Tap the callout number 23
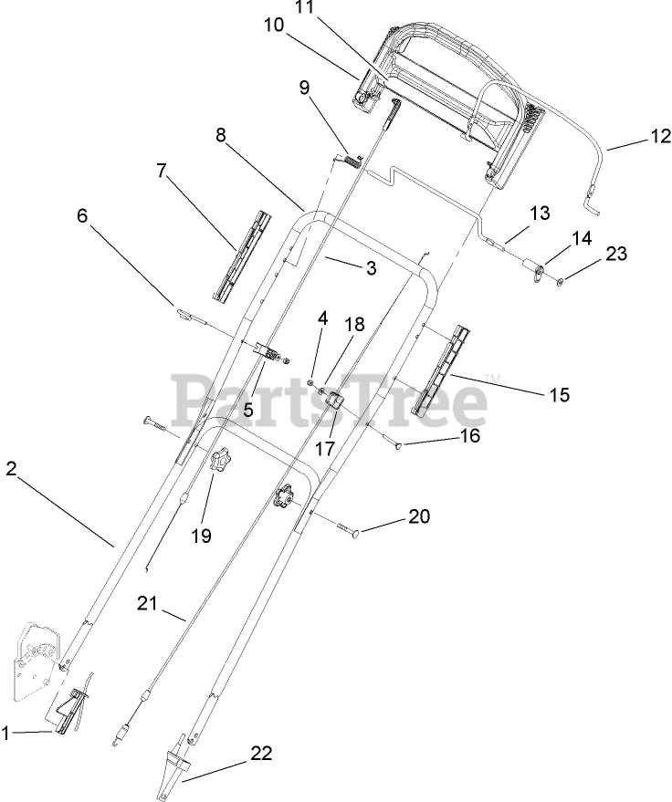tap(616, 254)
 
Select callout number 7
tap(163, 170)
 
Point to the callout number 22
tap(261, 754)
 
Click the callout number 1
tap(9, 731)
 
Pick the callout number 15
tap(559, 394)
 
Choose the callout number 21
tap(148, 602)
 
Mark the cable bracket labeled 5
tap(266, 351)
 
